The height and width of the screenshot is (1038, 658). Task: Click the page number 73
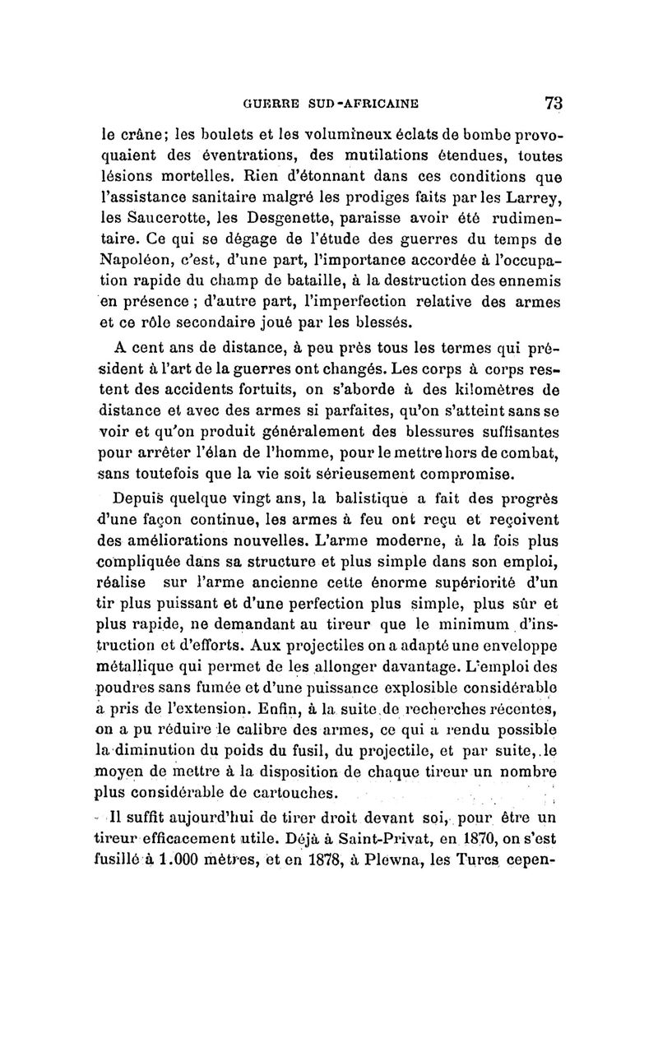tap(552, 104)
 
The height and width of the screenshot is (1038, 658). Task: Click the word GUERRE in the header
tap(272, 104)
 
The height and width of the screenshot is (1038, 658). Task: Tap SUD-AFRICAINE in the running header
tap(366, 104)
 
